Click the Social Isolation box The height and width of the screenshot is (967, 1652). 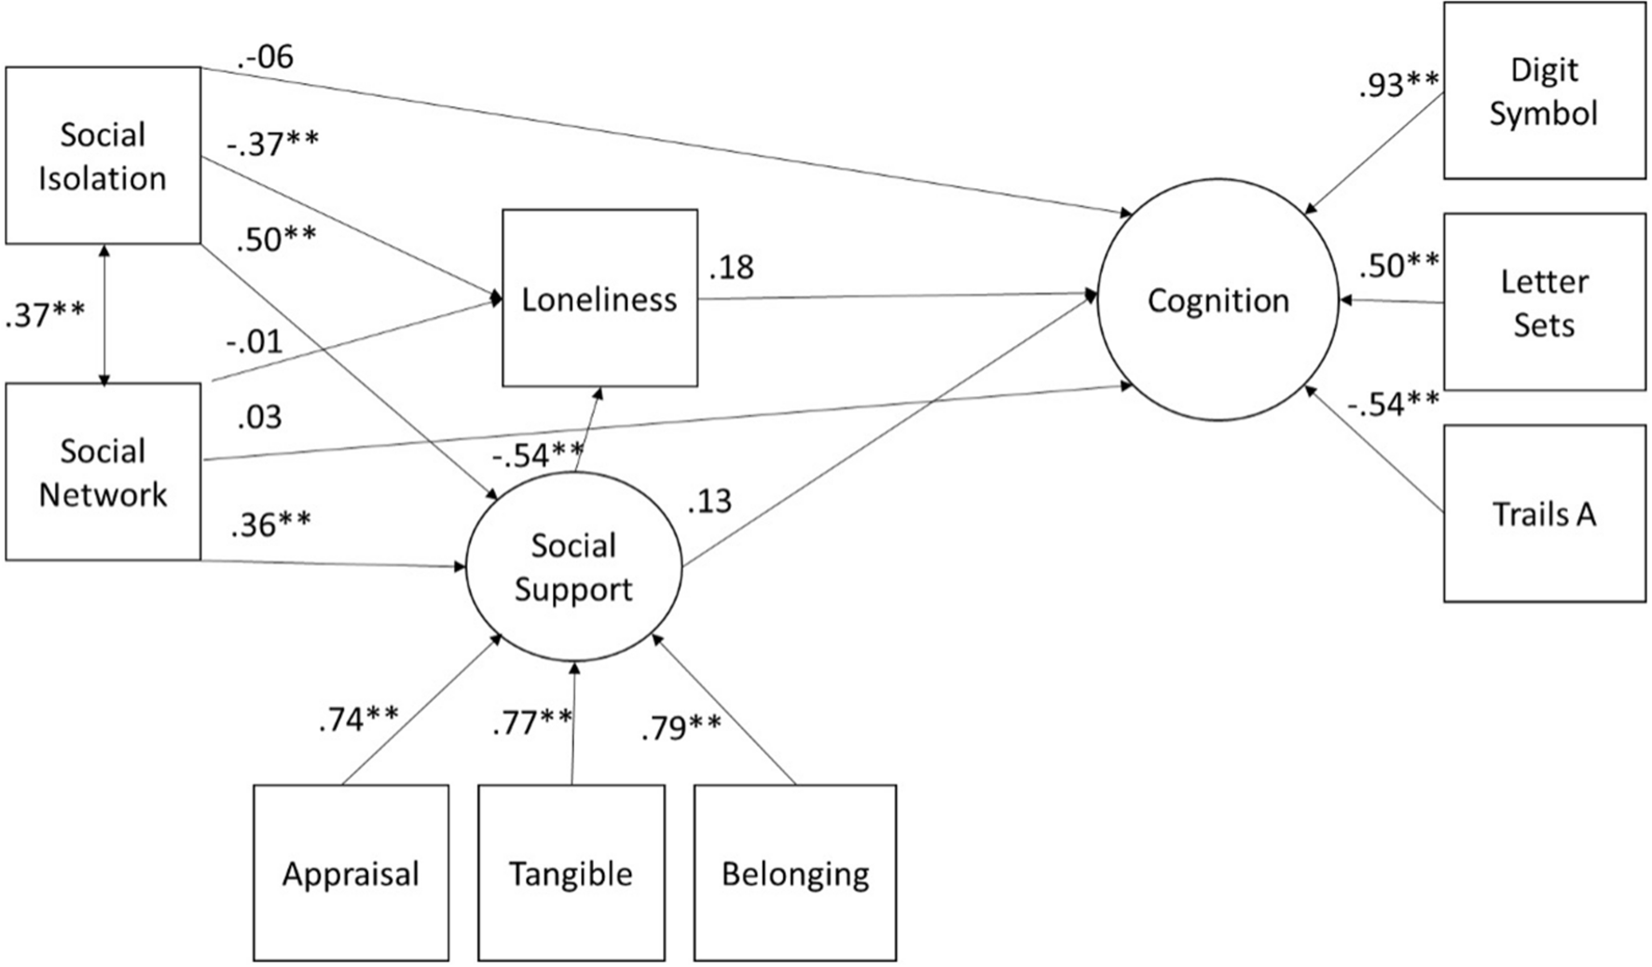[x=103, y=156]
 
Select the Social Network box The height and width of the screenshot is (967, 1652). [x=103, y=472]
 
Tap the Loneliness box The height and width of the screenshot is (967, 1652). [x=599, y=298]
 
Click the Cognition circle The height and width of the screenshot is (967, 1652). [x=1218, y=300]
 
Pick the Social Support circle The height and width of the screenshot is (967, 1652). [x=573, y=567]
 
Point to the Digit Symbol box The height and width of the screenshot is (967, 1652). [x=1543, y=90]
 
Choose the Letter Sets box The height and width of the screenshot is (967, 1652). [x=1543, y=302]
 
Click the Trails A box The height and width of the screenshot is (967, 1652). [x=1543, y=514]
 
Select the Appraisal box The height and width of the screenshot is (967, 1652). [x=351, y=873]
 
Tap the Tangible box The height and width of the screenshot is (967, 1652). [x=571, y=873]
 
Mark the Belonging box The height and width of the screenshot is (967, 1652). [x=794, y=873]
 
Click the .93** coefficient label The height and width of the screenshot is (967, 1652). [x=1398, y=85]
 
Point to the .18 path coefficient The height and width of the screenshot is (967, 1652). [x=731, y=268]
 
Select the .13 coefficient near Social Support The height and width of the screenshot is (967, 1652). [x=709, y=503]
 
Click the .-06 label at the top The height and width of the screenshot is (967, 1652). [x=265, y=58]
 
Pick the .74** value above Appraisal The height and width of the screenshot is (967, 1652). [x=358, y=719]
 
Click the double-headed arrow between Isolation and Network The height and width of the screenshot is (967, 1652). [x=104, y=314]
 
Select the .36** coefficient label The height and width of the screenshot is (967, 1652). [x=270, y=525]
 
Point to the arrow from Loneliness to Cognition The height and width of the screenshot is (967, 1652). [x=895, y=297]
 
